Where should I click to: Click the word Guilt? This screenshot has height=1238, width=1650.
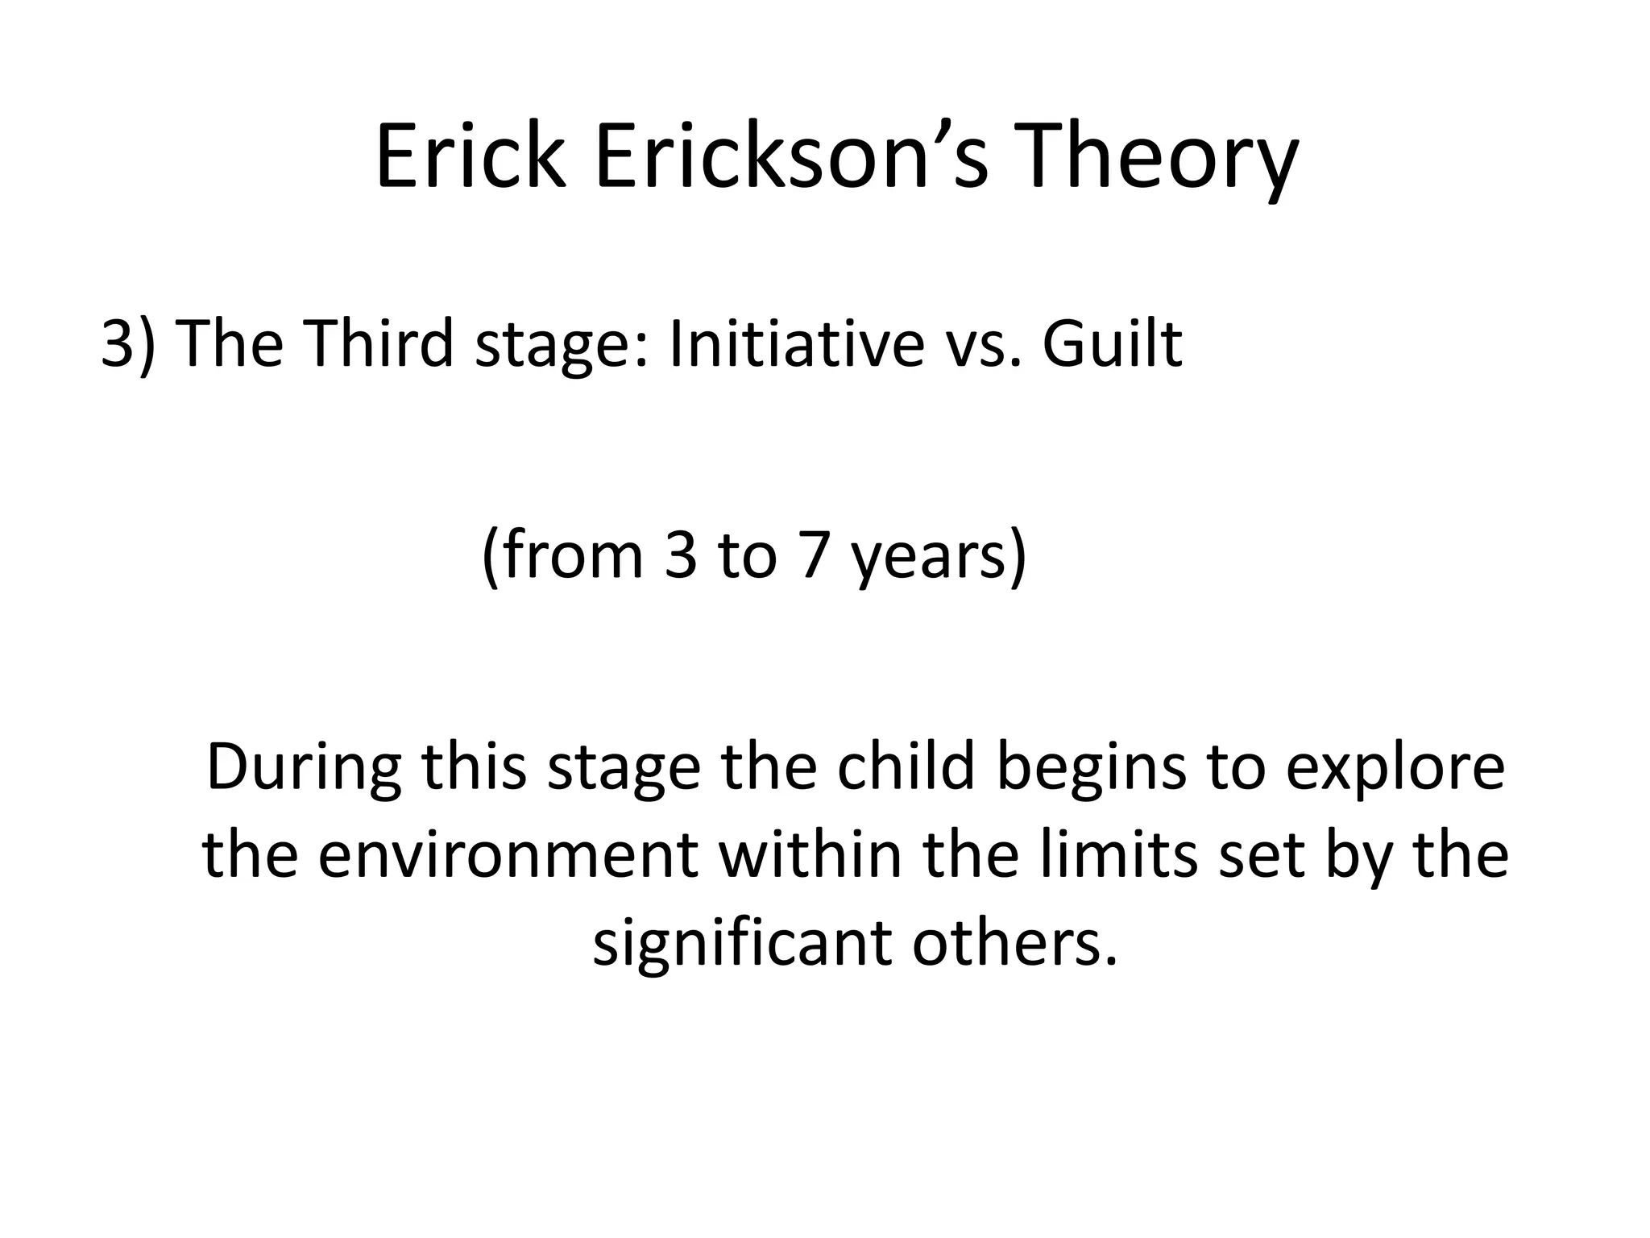(1112, 343)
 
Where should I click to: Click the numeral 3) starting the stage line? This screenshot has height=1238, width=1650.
(128, 343)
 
